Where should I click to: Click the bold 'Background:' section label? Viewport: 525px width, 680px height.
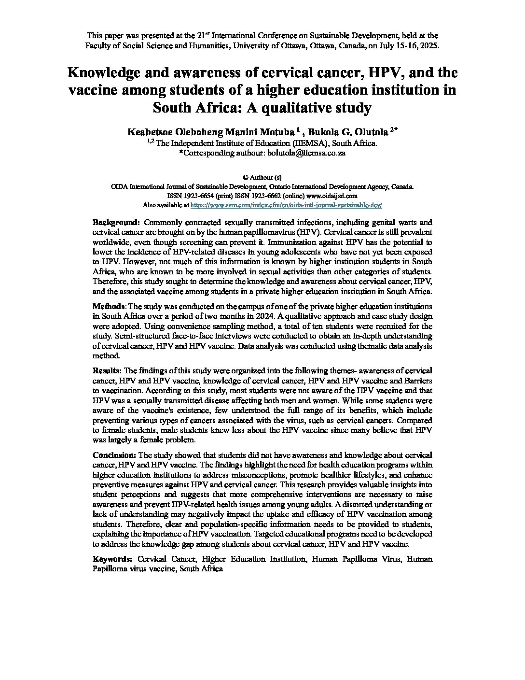point(116,223)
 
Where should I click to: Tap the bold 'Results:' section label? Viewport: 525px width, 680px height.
point(108,370)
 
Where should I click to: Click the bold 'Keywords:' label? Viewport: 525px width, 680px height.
point(112,559)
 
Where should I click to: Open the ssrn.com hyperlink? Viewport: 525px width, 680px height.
point(287,205)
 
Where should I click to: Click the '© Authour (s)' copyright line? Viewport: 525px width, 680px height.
point(262,177)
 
